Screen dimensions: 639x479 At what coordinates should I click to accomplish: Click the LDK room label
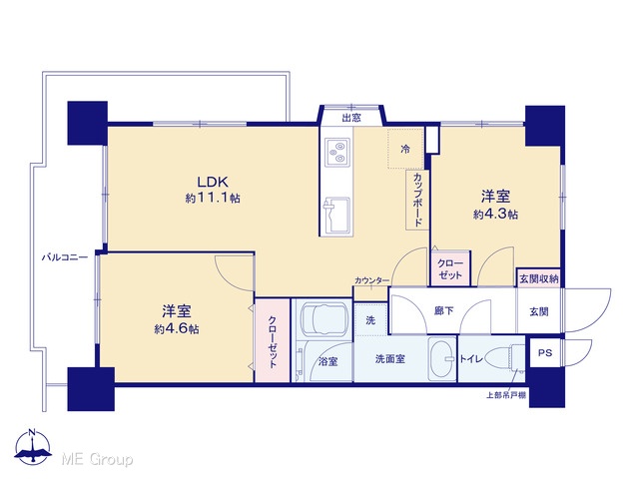(x=213, y=182)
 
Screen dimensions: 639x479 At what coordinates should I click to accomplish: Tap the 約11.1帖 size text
(x=213, y=199)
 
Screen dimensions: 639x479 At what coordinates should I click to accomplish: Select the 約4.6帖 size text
(x=177, y=329)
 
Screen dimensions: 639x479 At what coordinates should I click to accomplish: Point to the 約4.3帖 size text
(x=495, y=214)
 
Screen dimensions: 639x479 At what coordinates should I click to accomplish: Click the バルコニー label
(x=65, y=257)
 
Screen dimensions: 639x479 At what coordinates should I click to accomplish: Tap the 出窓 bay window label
(x=350, y=118)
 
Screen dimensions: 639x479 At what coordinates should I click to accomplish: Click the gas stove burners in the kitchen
(x=337, y=152)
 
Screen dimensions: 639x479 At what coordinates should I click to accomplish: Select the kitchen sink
(x=336, y=214)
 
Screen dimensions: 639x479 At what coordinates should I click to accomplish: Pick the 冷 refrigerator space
(x=405, y=149)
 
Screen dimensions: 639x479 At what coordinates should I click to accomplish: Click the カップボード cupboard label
(x=417, y=200)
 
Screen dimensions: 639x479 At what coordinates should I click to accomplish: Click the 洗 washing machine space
(x=370, y=320)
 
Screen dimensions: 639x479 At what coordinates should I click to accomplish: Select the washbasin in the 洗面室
(x=442, y=359)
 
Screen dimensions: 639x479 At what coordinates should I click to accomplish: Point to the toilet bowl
(x=501, y=358)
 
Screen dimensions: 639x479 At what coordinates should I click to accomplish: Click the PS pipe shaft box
(x=545, y=352)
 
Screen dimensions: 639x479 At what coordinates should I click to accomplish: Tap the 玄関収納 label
(x=539, y=279)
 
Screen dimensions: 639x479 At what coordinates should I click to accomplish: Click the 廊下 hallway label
(x=443, y=311)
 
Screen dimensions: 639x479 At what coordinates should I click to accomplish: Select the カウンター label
(x=371, y=280)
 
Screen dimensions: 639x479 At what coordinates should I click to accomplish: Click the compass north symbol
(x=33, y=447)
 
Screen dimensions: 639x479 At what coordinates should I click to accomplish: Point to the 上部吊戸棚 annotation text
(x=506, y=395)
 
